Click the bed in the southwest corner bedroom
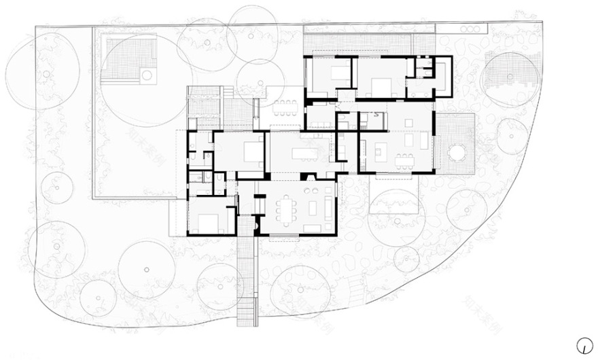(x=207, y=222)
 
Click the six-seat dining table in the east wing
(x=405, y=160)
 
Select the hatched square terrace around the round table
(x=454, y=141)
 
